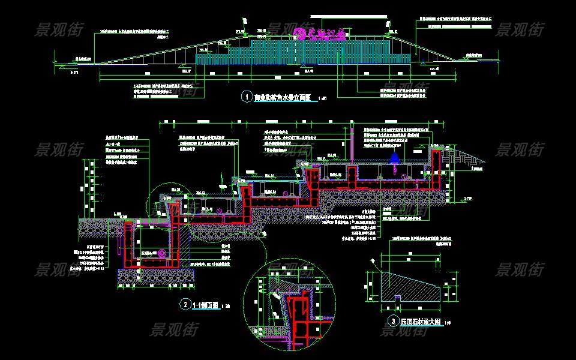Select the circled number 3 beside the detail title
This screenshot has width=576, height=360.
tap(392, 321)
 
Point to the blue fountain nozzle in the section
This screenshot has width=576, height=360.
tap(394, 159)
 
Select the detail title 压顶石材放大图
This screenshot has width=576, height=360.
tap(421, 322)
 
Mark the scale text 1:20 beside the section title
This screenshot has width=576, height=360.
tap(226, 306)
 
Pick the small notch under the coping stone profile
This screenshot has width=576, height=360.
tap(397, 296)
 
